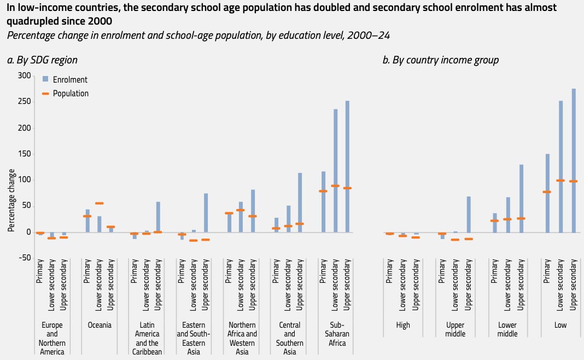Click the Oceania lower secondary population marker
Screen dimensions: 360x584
(99, 204)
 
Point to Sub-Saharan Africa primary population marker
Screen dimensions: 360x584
(323, 191)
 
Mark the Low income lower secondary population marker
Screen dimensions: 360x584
(560, 181)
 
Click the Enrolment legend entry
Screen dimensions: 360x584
(70, 80)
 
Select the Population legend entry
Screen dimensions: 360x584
(71, 94)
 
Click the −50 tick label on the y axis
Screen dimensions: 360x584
(25, 258)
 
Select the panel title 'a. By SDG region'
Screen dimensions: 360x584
(42, 60)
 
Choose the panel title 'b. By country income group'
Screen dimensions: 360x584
(440, 60)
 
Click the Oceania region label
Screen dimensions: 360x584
(99, 325)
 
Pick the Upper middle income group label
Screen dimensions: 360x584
(455, 329)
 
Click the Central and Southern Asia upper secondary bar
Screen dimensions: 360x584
(300, 202)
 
